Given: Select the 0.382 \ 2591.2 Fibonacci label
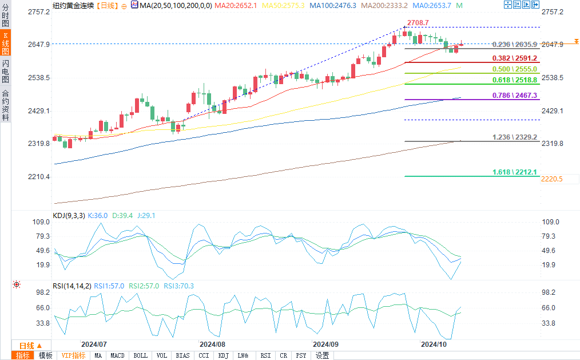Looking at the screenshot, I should [x=515, y=58].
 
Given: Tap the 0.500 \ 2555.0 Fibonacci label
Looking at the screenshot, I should [x=515, y=69].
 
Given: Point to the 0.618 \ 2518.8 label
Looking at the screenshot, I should [x=515, y=80].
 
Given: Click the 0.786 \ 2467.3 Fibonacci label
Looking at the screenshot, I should [x=515, y=95].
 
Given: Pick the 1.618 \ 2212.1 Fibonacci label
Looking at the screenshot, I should [x=515, y=172].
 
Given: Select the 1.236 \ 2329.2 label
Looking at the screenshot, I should [x=515, y=137].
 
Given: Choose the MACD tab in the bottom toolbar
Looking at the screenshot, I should [x=117, y=355].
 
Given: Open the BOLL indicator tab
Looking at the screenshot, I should [x=140, y=355].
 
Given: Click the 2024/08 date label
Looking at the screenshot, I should [x=213, y=345].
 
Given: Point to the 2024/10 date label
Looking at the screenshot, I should [x=434, y=345].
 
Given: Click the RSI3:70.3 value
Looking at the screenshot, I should [x=178, y=286].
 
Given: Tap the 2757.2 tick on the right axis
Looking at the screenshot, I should [x=553, y=12].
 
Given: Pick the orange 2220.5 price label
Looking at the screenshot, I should [x=552, y=179].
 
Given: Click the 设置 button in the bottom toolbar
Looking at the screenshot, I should [x=323, y=355].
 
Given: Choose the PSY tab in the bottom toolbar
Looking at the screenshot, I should [x=301, y=355].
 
